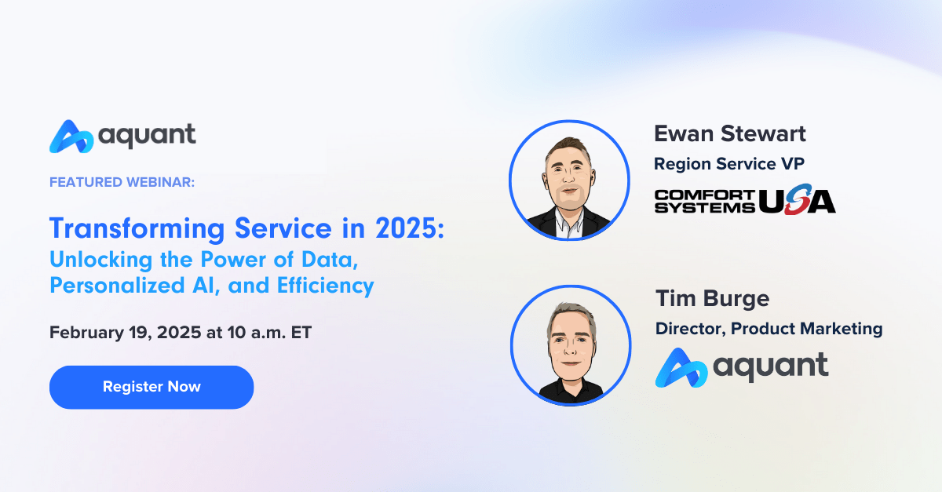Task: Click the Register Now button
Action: [x=152, y=387]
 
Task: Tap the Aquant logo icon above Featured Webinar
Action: [x=71, y=137]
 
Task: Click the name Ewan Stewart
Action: [x=729, y=134]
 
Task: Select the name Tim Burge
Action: [x=713, y=299]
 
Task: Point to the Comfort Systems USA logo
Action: [x=745, y=199]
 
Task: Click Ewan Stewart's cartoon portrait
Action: [x=569, y=180]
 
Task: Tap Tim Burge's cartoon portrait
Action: [x=571, y=345]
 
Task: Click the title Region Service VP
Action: [x=729, y=164]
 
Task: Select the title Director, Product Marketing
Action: [x=769, y=330]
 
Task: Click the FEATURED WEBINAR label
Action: [x=122, y=182]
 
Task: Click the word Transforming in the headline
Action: [x=137, y=230]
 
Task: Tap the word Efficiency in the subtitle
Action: [x=325, y=286]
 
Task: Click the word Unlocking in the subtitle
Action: [x=101, y=260]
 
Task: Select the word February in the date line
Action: [x=86, y=333]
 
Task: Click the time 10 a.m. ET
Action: [x=269, y=333]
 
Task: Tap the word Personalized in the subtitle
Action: [x=117, y=286]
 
